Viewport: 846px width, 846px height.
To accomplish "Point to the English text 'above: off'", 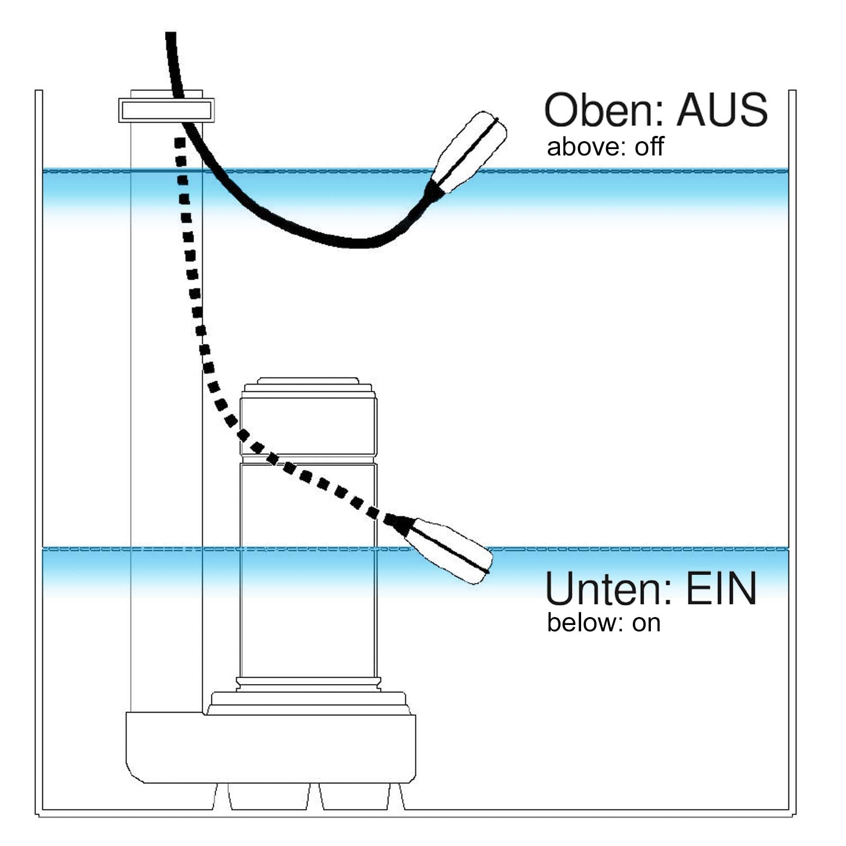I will coord(605,146).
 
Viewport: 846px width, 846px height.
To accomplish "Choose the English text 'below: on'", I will coord(603,623).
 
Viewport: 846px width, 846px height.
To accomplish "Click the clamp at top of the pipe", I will coord(166,111).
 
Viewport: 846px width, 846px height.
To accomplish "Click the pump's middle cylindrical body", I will coord(308,571).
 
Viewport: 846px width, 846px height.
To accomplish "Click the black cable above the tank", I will coord(171,58).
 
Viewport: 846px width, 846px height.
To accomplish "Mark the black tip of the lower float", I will coord(400,523).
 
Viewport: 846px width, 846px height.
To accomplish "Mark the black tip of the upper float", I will coord(435,190).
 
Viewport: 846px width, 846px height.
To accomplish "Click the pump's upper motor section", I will coord(308,426).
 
